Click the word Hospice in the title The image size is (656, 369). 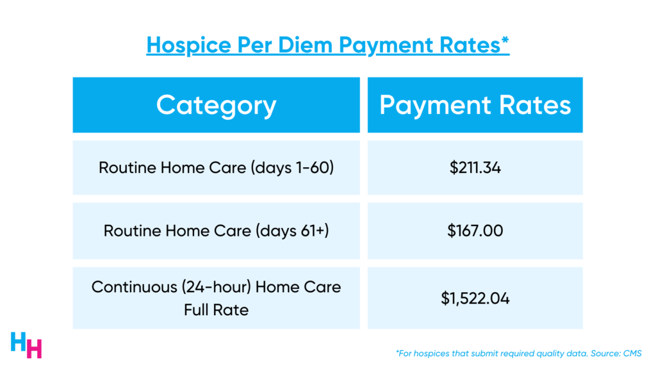[x=188, y=45]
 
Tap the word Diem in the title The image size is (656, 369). [x=305, y=45]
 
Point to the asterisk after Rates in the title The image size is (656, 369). [x=505, y=40]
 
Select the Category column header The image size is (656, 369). [x=217, y=105]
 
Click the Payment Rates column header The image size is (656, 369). [x=475, y=105]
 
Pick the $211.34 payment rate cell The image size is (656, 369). [x=475, y=168]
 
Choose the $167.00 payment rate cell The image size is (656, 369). [x=475, y=231]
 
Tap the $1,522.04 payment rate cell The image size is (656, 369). [x=475, y=299]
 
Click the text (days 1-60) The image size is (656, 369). [x=292, y=168]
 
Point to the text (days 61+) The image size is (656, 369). [x=292, y=231]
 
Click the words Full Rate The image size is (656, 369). [x=217, y=310]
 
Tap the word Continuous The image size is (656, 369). [x=135, y=287]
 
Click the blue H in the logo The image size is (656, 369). [x=19, y=341]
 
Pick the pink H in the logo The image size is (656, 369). [x=35, y=349]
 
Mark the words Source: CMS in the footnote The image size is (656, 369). [x=616, y=354]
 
